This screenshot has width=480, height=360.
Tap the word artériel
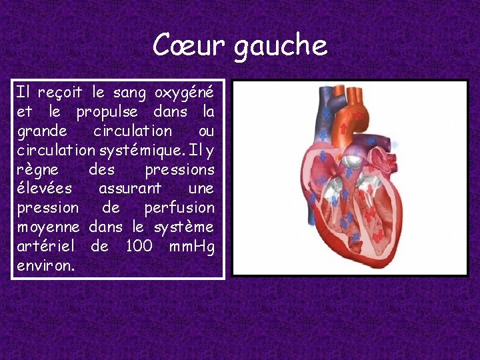[47, 246]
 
